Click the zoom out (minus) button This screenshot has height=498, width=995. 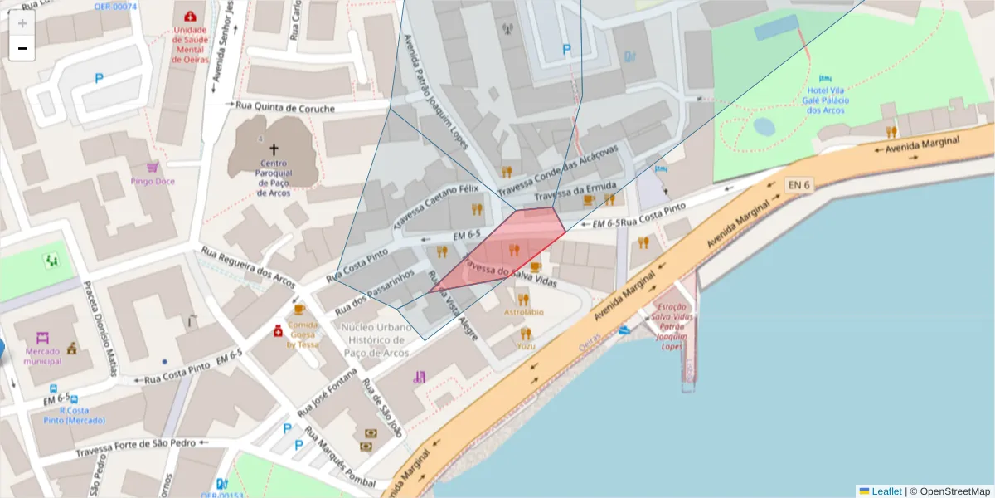(x=22, y=49)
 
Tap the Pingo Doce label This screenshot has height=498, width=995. (x=153, y=181)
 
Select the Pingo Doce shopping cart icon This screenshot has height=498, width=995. (x=153, y=168)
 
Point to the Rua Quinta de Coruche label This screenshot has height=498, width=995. (x=285, y=107)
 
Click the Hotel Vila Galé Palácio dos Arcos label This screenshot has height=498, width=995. (x=826, y=100)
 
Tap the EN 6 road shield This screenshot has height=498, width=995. (x=798, y=185)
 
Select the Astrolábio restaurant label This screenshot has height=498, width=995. (x=524, y=312)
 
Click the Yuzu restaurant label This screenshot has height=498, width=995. (x=526, y=345)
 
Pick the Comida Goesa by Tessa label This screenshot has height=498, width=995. (x=303, y=334)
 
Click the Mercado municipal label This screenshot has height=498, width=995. (x=42, y=356)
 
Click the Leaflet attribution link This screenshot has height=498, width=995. (x=886, y=491)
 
